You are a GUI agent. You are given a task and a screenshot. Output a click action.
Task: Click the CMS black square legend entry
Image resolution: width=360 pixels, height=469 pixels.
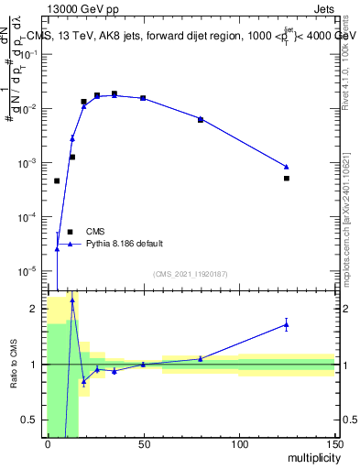(70, 232)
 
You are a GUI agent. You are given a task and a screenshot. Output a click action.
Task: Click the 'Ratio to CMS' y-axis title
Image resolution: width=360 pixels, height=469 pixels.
(15, 364)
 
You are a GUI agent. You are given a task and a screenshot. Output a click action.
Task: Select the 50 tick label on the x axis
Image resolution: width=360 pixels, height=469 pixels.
(143, 443)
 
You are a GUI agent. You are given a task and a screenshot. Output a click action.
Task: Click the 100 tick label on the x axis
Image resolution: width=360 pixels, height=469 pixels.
(238, 443)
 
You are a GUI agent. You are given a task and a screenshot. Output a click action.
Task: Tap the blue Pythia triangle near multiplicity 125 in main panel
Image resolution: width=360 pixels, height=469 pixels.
(287, 167)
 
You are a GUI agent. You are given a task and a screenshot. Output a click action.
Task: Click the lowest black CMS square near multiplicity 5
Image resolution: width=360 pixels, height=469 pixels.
(57, 181)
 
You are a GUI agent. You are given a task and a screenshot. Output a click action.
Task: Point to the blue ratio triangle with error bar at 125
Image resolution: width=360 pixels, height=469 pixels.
(287, 324)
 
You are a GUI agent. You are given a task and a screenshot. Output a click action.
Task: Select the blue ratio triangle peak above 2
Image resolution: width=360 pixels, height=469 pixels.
(72, 300)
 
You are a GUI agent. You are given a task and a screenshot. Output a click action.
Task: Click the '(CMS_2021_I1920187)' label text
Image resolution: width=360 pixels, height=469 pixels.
(191, 274)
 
